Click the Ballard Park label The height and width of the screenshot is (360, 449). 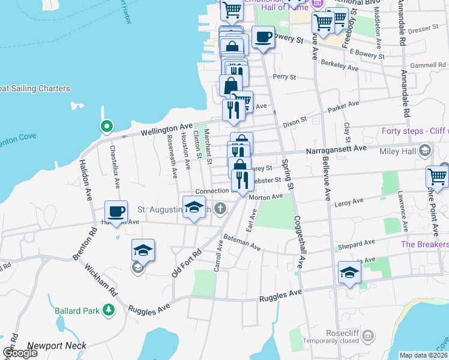(x=76, y=311)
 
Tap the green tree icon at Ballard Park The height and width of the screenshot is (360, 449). (x=109, y=310)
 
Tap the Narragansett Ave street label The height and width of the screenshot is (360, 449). (x=336, y=149)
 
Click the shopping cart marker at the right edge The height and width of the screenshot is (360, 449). (x=437, y=176)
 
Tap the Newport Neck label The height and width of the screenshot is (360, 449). (x=57, y=346)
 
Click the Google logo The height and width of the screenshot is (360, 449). (x=20, y=353)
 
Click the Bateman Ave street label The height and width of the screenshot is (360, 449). (x=241, y=242)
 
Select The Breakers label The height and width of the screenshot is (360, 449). (x=424, y=244)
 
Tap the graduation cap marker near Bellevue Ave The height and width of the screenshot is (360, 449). (x=349, y=273)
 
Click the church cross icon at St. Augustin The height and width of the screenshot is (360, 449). (x=220, y=209)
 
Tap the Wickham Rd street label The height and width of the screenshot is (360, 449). (x=101, y=280)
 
